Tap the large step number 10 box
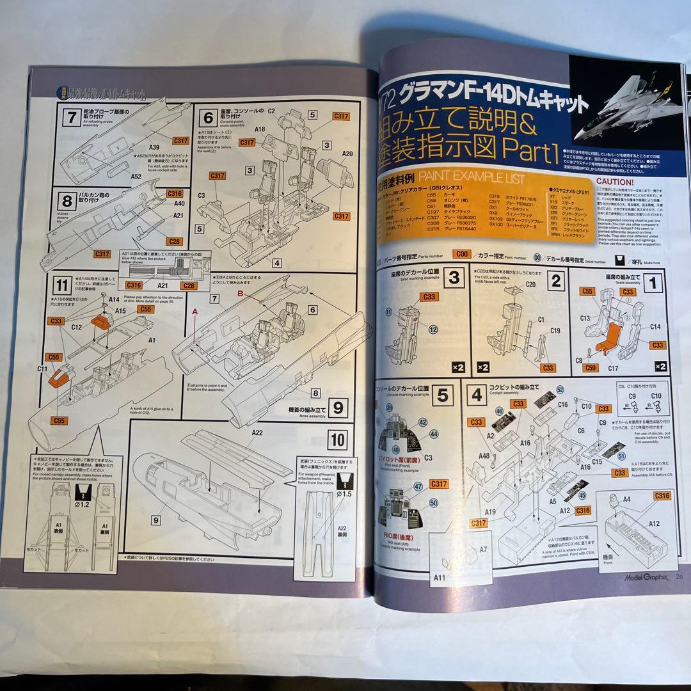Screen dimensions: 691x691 pos(338,440)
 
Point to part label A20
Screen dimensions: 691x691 pos(347,154)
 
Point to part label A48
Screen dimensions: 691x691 pos(484,456)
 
